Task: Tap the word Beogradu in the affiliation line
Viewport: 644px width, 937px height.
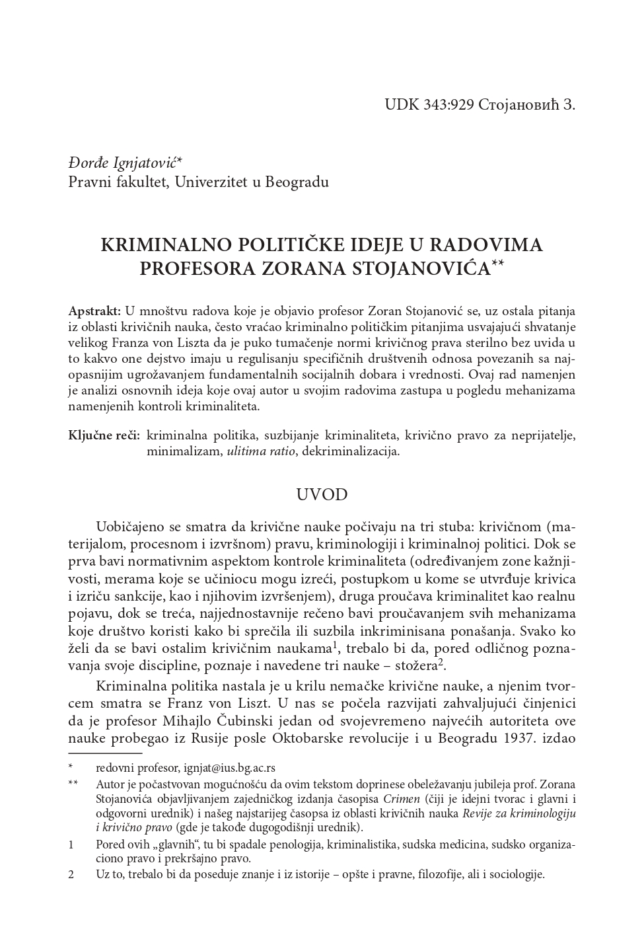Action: point(297,180)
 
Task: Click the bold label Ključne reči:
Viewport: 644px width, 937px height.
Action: point(104,436)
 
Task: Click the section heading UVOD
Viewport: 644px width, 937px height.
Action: point(321,496)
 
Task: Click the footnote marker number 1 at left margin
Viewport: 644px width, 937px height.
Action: point(71,844)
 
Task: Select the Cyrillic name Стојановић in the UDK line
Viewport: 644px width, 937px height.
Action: point(519,105)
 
